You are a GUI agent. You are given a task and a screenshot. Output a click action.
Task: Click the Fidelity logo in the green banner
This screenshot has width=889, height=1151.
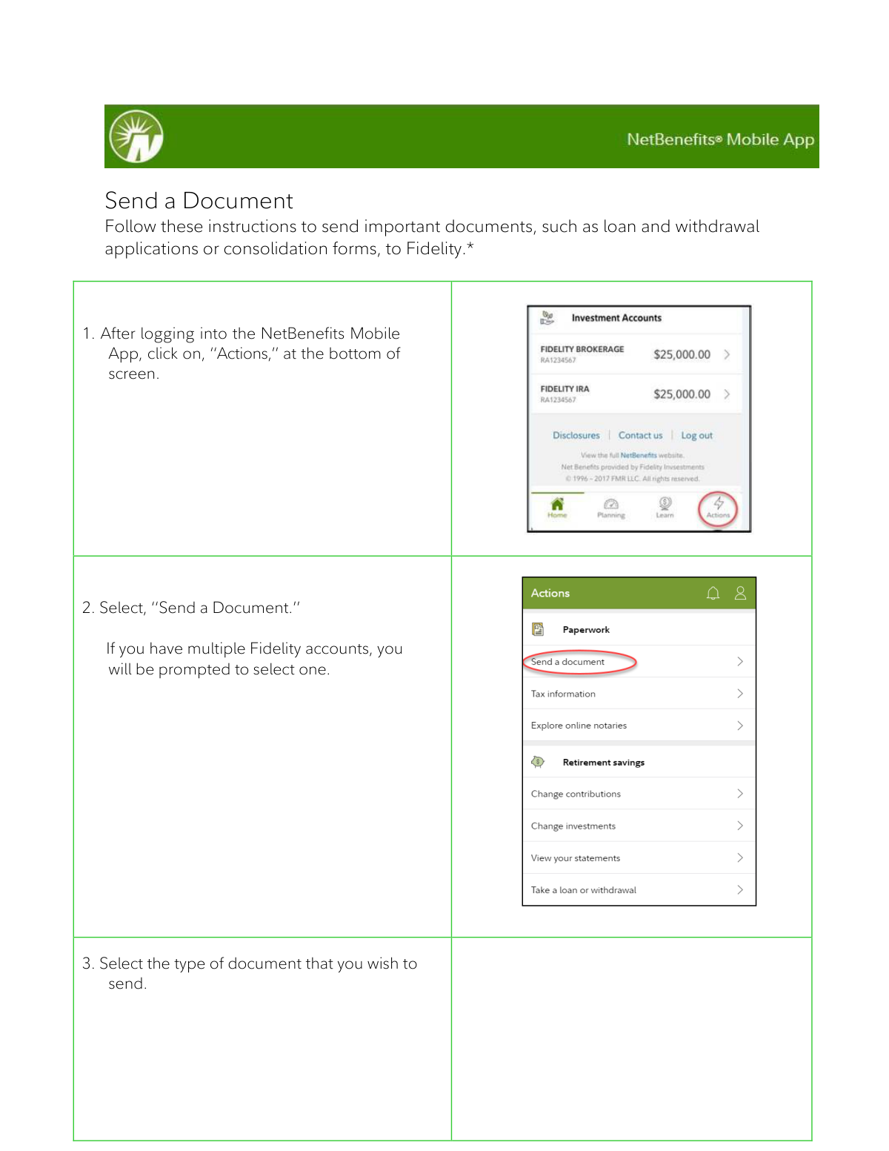click(136, 136)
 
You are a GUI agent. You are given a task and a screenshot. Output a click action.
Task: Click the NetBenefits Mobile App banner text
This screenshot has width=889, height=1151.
click(720, 139)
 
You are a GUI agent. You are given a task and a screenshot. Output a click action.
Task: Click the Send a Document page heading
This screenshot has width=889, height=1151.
click(199, 201)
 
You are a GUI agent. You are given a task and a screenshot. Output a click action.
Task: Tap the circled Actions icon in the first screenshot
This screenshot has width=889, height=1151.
click(718, 508)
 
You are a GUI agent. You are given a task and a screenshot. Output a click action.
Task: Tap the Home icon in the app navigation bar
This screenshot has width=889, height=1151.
click(557, 507)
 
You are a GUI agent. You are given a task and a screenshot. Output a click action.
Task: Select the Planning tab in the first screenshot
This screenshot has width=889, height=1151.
click(611, 508)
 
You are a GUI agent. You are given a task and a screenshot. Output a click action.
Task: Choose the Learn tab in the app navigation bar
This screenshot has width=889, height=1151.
click(665, 507)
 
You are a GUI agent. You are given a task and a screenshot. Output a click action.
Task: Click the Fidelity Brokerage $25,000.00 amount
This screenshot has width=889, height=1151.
click(682, 354)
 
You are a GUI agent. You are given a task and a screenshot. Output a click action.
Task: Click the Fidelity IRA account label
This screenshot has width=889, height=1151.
click(565, 389)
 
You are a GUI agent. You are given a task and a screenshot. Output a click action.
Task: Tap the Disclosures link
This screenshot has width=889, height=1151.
click(576, 436)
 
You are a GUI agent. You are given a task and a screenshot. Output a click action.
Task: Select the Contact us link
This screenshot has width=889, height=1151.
click(640, 436)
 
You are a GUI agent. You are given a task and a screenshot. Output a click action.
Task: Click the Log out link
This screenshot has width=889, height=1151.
click(696, 436)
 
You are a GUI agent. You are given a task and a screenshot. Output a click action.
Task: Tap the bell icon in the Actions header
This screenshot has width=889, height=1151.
click(713, 593)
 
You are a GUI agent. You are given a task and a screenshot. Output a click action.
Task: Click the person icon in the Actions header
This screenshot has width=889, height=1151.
click(740, 593)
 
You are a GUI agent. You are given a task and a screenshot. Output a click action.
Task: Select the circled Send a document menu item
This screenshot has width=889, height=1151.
click(568, 662)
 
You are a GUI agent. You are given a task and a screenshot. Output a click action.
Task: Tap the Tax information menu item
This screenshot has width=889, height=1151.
click(563, 694)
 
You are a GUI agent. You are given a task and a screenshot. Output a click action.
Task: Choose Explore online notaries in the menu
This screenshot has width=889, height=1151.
click(579, 726)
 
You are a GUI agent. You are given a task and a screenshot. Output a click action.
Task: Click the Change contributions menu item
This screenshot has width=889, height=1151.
click(576, 794)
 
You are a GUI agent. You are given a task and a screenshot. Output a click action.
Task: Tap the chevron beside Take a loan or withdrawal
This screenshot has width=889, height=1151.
click(739, 889)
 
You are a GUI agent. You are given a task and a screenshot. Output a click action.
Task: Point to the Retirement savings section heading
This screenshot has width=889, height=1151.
click(603, 762)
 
